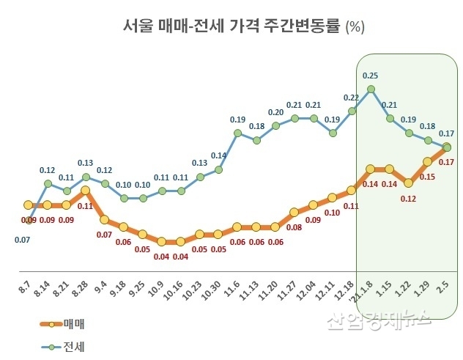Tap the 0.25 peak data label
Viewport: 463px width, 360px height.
point(371,75)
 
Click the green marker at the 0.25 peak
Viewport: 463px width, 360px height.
point(371,89)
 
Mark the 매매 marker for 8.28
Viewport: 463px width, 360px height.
point(86,190)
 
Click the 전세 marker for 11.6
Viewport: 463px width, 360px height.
point(238,133)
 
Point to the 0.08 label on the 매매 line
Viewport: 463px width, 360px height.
point(294,227)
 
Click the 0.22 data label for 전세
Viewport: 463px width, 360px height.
point(351,98)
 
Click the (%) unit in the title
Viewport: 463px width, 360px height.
point(355,28)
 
